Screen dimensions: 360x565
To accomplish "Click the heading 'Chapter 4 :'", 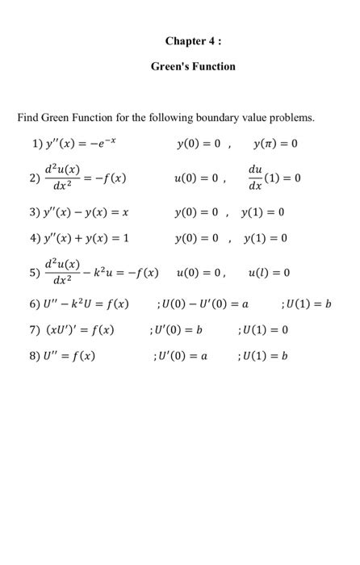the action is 193,40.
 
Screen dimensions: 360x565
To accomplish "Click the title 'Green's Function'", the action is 193,66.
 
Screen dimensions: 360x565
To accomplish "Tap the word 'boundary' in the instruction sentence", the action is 231,119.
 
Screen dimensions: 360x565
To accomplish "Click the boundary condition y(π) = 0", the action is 275,144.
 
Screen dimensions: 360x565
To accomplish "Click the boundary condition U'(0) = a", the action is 179,354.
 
